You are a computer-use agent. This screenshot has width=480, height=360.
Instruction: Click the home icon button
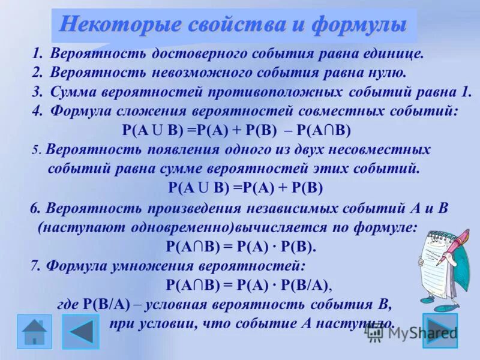34,331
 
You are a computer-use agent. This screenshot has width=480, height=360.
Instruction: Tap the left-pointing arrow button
80,331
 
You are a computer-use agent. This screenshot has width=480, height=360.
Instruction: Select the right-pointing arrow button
440,331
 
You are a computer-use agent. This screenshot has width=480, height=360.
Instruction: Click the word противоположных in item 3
276,93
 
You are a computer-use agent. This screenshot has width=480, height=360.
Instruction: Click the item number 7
35,265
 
